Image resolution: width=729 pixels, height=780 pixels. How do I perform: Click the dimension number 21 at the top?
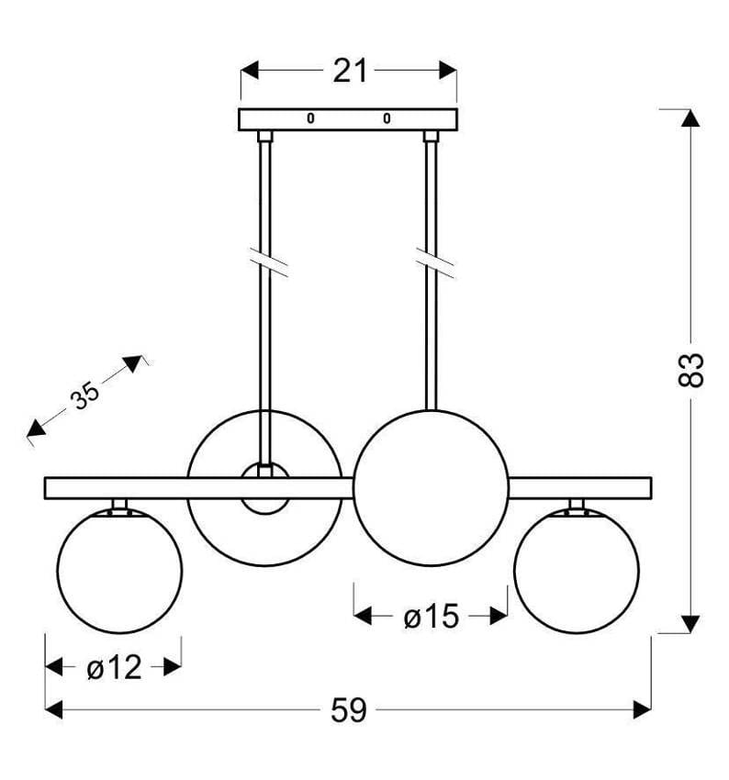pos(349,71)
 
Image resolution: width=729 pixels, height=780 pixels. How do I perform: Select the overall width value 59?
pos(349,709)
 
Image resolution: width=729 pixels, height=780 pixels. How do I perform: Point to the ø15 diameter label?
pos(430,617)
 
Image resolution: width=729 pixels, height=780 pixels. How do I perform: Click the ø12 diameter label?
pos(114,667)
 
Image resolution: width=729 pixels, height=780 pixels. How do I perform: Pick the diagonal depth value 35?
pos(84,396)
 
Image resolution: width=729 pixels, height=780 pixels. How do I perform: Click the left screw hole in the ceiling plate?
pos(310,118)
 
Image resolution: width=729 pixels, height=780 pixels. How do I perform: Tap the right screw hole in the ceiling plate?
pos(387,118)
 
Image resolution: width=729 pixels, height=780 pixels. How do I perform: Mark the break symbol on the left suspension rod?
pos(266,263)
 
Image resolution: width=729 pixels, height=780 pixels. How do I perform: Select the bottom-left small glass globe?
pos(119,570)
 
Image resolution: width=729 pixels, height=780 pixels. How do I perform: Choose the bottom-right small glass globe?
pos(577,570)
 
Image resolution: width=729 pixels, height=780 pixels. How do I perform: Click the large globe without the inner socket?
pos(431,487)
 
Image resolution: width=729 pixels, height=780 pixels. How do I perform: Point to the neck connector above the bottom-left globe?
pos(119,504)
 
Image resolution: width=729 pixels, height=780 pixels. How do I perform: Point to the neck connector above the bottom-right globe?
pos(577,504)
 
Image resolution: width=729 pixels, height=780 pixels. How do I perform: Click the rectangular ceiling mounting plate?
pos(349,119)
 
